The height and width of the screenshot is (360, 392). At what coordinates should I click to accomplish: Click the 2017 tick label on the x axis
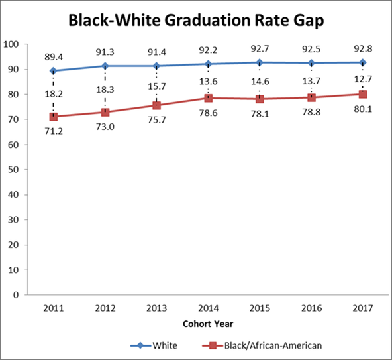363,308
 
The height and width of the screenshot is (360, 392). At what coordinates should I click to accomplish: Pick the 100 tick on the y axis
11,44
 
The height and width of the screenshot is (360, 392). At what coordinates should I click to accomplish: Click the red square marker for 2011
54,117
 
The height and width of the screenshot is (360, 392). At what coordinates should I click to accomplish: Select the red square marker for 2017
363,94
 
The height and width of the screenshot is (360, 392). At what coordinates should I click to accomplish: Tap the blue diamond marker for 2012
105,66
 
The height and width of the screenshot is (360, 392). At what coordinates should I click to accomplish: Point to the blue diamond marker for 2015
260,62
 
